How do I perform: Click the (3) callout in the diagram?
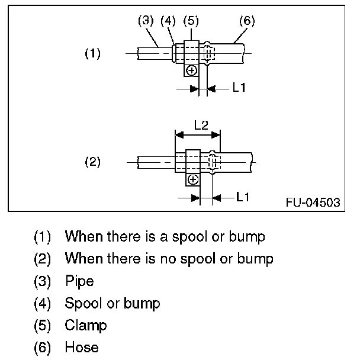[146, 21]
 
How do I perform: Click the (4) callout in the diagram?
[168, 21]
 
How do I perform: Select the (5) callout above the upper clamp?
[191, 21]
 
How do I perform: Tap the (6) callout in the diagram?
[246, 21]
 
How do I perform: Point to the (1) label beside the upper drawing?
[92, 54]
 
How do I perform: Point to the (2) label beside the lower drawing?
[92, 161]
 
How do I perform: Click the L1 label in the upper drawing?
[239, 88]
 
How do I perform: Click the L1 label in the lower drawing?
[243, 195]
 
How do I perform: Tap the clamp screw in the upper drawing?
[191, 70]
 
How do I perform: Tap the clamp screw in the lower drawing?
[194, 178]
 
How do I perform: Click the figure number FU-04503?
[313, 203]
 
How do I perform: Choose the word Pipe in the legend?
[79, 281]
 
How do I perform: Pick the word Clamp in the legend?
[86, 325]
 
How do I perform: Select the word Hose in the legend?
[82, 347]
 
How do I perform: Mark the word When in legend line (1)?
[83, 237]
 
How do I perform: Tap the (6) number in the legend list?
[43, 347]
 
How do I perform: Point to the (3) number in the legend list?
[43, 281]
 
